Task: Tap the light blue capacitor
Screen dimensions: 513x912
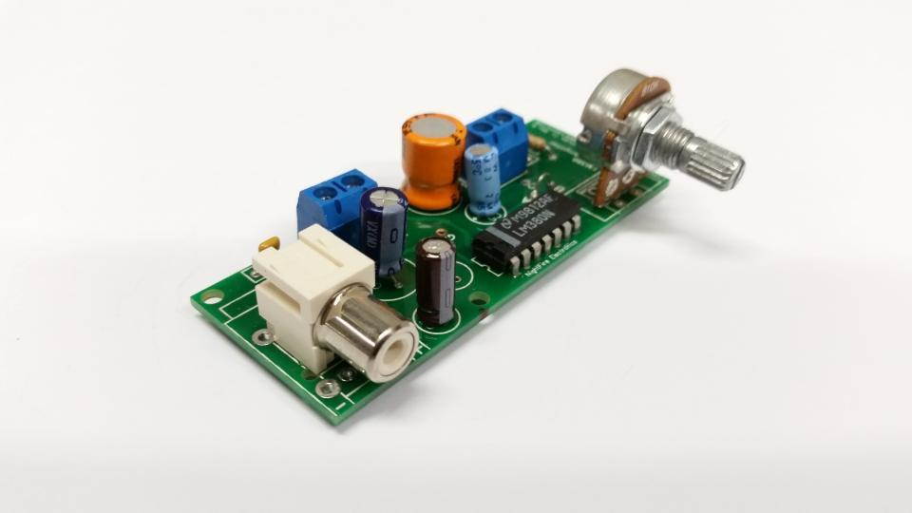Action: (x=484, y=180)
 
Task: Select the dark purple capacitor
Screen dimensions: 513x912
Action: (x=385, y=233)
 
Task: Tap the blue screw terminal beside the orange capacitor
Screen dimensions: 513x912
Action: (x=500, y=136)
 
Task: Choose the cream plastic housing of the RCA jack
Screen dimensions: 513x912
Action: (x=304, y=285)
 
